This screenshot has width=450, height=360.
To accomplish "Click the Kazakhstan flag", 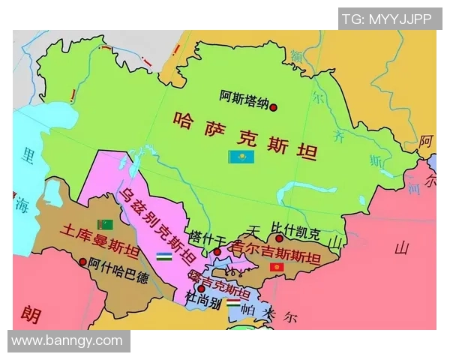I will click(241, 156).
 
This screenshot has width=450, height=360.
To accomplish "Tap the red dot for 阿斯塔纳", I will click(274, 107).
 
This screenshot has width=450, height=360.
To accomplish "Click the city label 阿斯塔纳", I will click(244, 97).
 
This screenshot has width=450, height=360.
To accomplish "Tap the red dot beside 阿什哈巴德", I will click(82, 262).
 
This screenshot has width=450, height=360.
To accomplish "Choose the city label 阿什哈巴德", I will click(118, 264).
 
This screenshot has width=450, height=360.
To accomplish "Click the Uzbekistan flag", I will click(165, 256).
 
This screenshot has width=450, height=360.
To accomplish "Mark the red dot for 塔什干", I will click(217, 251).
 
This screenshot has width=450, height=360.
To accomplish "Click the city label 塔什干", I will click(208, 236).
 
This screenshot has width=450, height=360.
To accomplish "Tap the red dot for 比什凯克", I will click(279, 238).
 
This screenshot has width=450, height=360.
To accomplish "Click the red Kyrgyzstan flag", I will click(277, 266).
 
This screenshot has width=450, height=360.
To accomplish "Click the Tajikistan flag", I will click(233, 305).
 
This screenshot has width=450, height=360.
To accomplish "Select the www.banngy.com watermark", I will click(67, 340).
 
